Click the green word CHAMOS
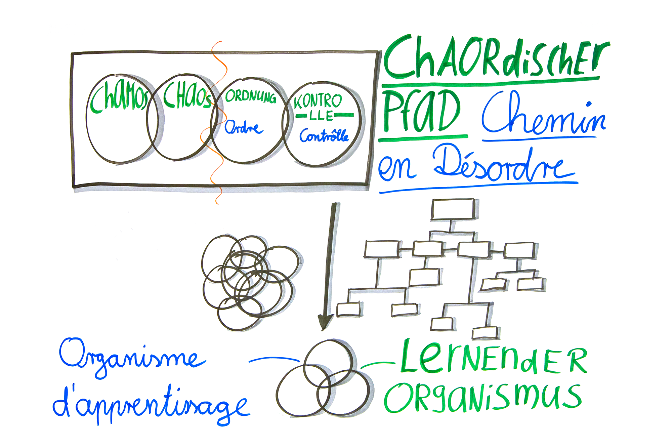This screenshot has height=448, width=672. click(119, 98)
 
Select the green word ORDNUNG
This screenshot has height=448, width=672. click(251, 96)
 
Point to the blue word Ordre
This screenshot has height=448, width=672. click(243, 128)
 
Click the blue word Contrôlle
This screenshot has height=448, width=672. click(324, 136)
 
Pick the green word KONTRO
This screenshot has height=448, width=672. click(318, 101)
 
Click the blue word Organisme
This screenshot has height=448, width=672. click(131, 358)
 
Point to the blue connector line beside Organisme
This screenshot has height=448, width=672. click(274, 359)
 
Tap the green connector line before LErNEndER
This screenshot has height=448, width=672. click(378, 364)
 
